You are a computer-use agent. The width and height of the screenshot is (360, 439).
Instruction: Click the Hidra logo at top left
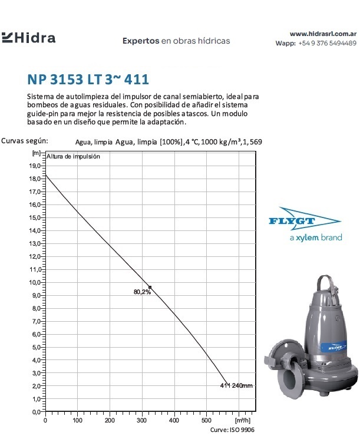(x=29, y=38)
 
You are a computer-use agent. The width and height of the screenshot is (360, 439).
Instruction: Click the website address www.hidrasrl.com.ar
(x=323, y=34)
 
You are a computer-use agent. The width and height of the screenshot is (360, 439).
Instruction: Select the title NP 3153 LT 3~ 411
(x=88, y=79)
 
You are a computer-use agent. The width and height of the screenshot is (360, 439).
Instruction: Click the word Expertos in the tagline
(x=141, y=41)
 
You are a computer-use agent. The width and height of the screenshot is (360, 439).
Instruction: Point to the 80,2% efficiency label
(x=142, y=292)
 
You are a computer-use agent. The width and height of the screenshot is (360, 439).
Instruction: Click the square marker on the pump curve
(x=150, y=287)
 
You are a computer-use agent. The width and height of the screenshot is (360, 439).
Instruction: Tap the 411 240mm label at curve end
(x=236, y=386)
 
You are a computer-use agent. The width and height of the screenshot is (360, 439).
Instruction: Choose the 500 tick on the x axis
(x=206, y=421)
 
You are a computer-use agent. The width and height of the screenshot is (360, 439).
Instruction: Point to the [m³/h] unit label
(x=242, y=421)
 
